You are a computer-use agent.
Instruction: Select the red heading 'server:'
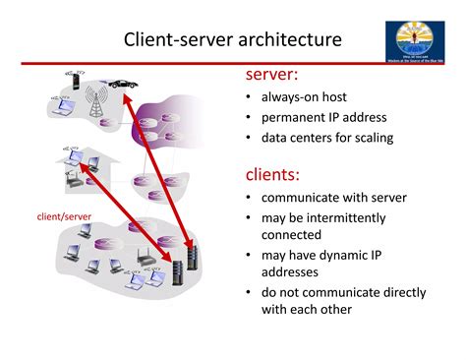click(272, 76)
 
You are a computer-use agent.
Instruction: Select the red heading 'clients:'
click(272, 174)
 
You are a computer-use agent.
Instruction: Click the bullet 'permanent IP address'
click(322, 117)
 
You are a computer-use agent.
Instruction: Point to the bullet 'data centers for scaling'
click(326, 138)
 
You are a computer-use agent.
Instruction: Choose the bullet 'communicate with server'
click(333, 198)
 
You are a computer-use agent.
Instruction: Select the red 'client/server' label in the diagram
click(64, 215)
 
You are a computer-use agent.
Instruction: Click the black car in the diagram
click(124, 85)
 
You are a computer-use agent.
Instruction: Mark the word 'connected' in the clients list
click(291, 235)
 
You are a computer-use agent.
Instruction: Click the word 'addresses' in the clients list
click(291, 272)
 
